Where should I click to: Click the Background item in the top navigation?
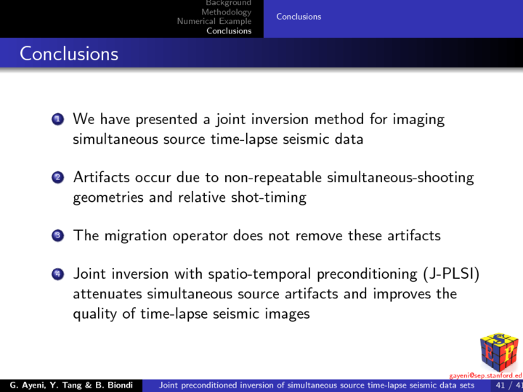click(228, 4)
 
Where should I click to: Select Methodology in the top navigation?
click(226, 12)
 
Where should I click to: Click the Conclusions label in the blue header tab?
click(298, 17)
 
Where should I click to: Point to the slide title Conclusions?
click(69, 54)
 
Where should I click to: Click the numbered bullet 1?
click(58, 119)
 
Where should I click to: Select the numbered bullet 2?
click(58, 178)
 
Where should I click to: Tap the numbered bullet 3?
click(58, 236)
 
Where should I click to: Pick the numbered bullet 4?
click(58, 274)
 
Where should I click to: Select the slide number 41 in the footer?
click(500, 385)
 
